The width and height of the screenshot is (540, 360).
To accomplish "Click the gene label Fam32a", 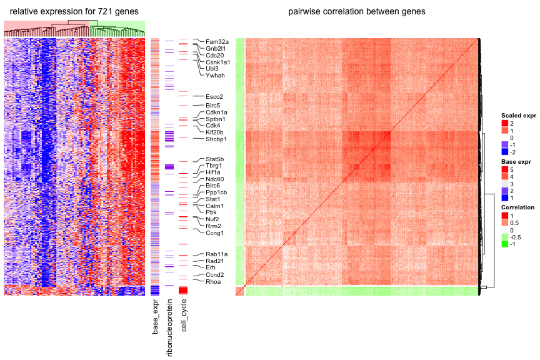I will pos(217,42).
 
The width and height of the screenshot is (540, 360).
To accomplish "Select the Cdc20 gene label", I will pos(215,56).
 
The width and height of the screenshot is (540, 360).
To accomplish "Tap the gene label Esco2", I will pos(214,97).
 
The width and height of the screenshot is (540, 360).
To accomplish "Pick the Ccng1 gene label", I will pos(215,233).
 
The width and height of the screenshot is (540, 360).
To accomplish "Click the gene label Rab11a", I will pos(216,254).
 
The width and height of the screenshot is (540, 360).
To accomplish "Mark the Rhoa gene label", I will pos(213,282).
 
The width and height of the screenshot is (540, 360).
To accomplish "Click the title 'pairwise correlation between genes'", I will pos(357,12).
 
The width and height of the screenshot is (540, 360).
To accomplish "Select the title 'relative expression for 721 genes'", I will pos(74,12).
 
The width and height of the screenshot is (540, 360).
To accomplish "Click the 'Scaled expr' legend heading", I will pos(519,116).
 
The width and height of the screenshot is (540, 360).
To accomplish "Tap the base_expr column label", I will pos(156,317).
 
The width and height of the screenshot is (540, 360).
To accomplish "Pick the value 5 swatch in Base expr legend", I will pos(504,169).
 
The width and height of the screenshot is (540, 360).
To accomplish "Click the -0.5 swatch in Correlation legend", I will pos(504,237).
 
